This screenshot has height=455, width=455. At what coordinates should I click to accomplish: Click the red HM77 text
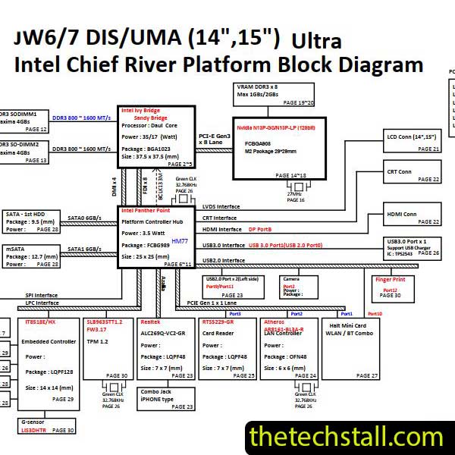click(x=180, y=240)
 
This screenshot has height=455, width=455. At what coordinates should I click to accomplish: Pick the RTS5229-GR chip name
click(x=218, y=322)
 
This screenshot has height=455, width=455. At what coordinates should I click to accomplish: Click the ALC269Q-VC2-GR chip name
click(x=163, y=332)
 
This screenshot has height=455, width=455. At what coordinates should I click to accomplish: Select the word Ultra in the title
click(x=316, y=41)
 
